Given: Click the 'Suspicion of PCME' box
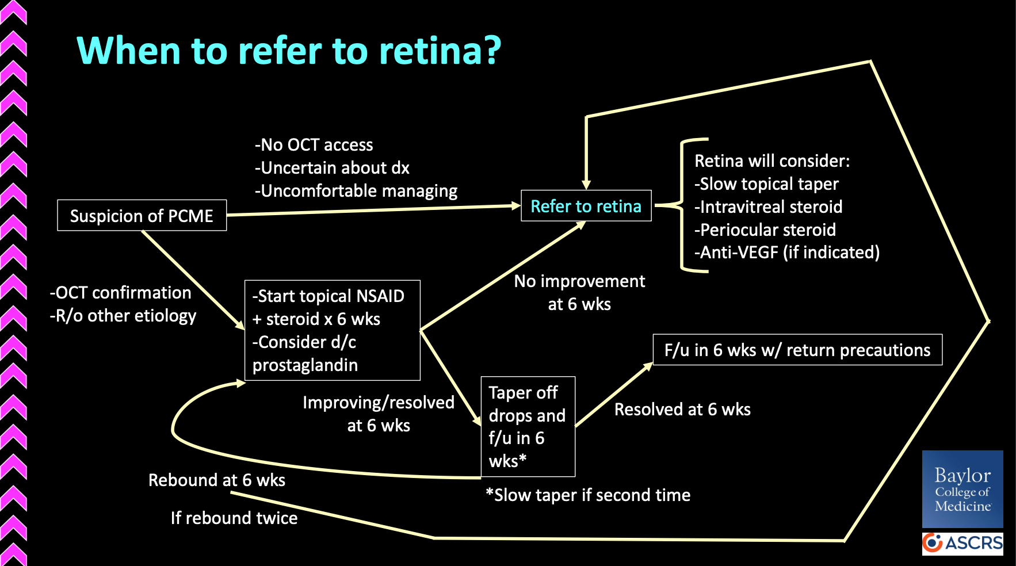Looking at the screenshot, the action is [142, 215].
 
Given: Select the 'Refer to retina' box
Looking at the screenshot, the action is [586, 205].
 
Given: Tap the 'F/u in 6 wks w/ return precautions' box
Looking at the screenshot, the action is [797, 350].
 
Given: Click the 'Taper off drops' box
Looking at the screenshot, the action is [528, 427].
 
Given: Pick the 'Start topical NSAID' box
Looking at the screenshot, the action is [333, 330].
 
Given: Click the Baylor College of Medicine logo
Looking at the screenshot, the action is [962, 489].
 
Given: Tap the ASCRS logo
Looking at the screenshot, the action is [962, 543].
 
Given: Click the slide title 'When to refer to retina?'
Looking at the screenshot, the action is [289, 51].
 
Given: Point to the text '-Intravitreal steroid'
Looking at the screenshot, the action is [769, 207].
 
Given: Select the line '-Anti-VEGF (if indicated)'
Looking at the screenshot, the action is [787, 253].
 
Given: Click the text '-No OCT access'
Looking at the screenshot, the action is [314, 145].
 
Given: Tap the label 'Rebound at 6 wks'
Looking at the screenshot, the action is [217, 480].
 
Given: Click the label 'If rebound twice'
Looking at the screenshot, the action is [234, 518].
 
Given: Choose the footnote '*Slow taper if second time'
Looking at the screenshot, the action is [588, 495].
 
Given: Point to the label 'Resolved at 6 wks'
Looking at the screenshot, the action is [682, 410].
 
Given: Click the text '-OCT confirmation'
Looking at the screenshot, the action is [120, 293].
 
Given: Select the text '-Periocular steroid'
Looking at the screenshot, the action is [765, 230].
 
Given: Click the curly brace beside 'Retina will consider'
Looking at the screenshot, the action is [682, 205].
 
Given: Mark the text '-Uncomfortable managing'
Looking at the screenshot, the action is [356, 191].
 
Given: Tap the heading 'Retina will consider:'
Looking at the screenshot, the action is [772, 161].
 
